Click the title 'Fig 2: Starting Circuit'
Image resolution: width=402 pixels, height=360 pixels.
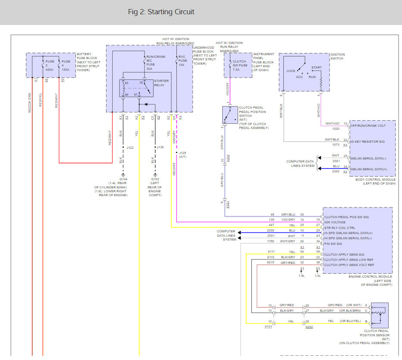pos(161,12)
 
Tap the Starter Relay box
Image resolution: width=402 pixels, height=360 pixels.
pos(136,88)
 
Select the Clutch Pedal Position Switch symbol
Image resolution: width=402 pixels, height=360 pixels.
pos(230,115)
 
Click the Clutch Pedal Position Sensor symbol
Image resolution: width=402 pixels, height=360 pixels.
pos(380,316)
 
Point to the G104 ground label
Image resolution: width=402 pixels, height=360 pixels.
pos(123,179)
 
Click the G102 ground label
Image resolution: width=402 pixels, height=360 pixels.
pos(155,179)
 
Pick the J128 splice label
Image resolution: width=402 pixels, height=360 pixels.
pos(182,153)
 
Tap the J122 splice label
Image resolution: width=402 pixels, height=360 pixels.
pos(130,147)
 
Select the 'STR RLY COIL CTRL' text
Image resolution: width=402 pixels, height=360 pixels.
pos(340,228)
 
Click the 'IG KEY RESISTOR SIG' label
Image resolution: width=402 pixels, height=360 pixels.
pos(367,141)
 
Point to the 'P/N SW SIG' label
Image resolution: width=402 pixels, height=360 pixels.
pos(333,244)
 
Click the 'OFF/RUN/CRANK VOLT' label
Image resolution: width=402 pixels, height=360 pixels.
pos(368,125)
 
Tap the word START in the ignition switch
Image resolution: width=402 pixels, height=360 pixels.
pos(316,67)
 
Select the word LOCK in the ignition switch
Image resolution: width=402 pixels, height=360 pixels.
pos(291,71)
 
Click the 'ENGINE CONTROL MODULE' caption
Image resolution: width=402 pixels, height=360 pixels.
pos(370,276)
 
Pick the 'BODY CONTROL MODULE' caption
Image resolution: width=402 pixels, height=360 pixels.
pos(375,179)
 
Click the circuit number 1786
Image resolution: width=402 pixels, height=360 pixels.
pos(270,241)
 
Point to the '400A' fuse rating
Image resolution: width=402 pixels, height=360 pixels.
pos(49,69)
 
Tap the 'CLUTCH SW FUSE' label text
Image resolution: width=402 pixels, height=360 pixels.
pos(240,63)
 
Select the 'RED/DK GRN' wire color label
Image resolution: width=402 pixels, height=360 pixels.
pos(29,103)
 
